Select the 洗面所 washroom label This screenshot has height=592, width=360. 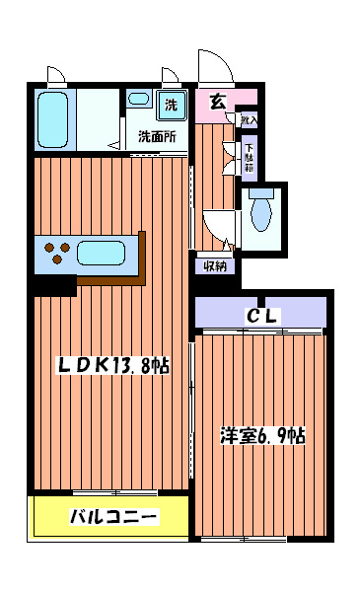157,136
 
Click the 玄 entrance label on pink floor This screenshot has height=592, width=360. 216,101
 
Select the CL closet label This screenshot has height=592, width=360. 262,316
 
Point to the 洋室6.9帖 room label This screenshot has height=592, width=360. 261,434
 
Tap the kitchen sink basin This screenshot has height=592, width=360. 103,254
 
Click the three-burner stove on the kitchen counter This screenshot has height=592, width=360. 57,254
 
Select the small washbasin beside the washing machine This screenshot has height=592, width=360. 138,101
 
